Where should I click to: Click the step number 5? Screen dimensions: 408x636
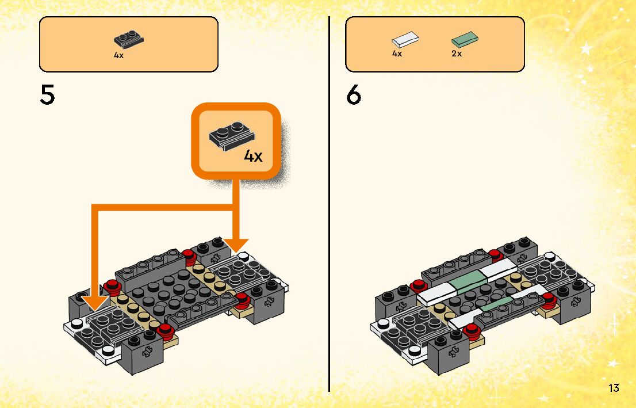click(48, 95)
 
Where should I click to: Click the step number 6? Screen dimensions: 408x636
click(354, 95)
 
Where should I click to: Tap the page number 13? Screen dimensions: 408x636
click(614, 388)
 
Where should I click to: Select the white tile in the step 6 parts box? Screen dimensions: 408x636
click(405, 40)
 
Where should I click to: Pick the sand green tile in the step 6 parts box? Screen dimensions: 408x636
click(465, 40)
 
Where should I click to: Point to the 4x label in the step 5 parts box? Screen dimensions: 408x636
click(118, 56)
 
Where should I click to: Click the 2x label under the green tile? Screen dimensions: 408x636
click(457, 54)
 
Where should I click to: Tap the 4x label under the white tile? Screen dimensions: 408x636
click(397, 54)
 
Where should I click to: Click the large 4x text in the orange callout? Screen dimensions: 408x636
click(253, 155)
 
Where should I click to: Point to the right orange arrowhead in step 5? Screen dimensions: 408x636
click(236, 246)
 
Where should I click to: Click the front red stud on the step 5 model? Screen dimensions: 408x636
click(166, 330)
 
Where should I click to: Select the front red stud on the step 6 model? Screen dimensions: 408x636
click(472, 330)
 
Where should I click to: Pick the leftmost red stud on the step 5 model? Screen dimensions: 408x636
click(112, 285)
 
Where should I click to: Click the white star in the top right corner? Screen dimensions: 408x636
click(585, 48)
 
